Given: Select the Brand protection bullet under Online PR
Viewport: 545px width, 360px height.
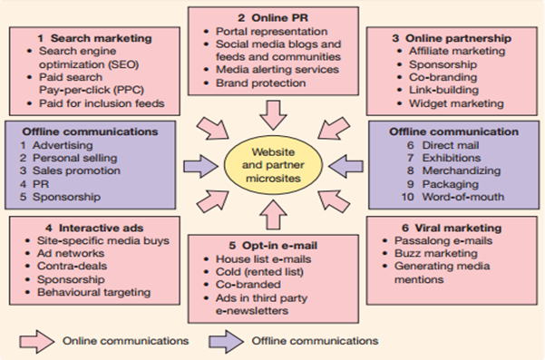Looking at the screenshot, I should coord(249,83).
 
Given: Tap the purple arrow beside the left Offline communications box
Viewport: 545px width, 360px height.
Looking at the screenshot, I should coord(197,166).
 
